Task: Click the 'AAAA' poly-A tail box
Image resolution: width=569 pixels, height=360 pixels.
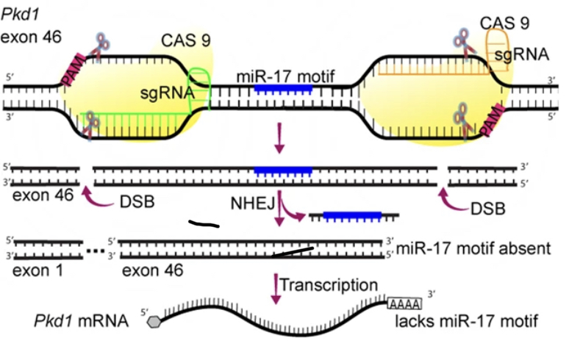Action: pyautogui.click(x=404, y=303)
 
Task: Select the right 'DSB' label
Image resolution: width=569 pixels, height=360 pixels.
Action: pyautogui.click(x=488, y=209)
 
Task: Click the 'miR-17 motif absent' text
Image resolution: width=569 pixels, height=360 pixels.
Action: pyautogui.click(x=472, y=248)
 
